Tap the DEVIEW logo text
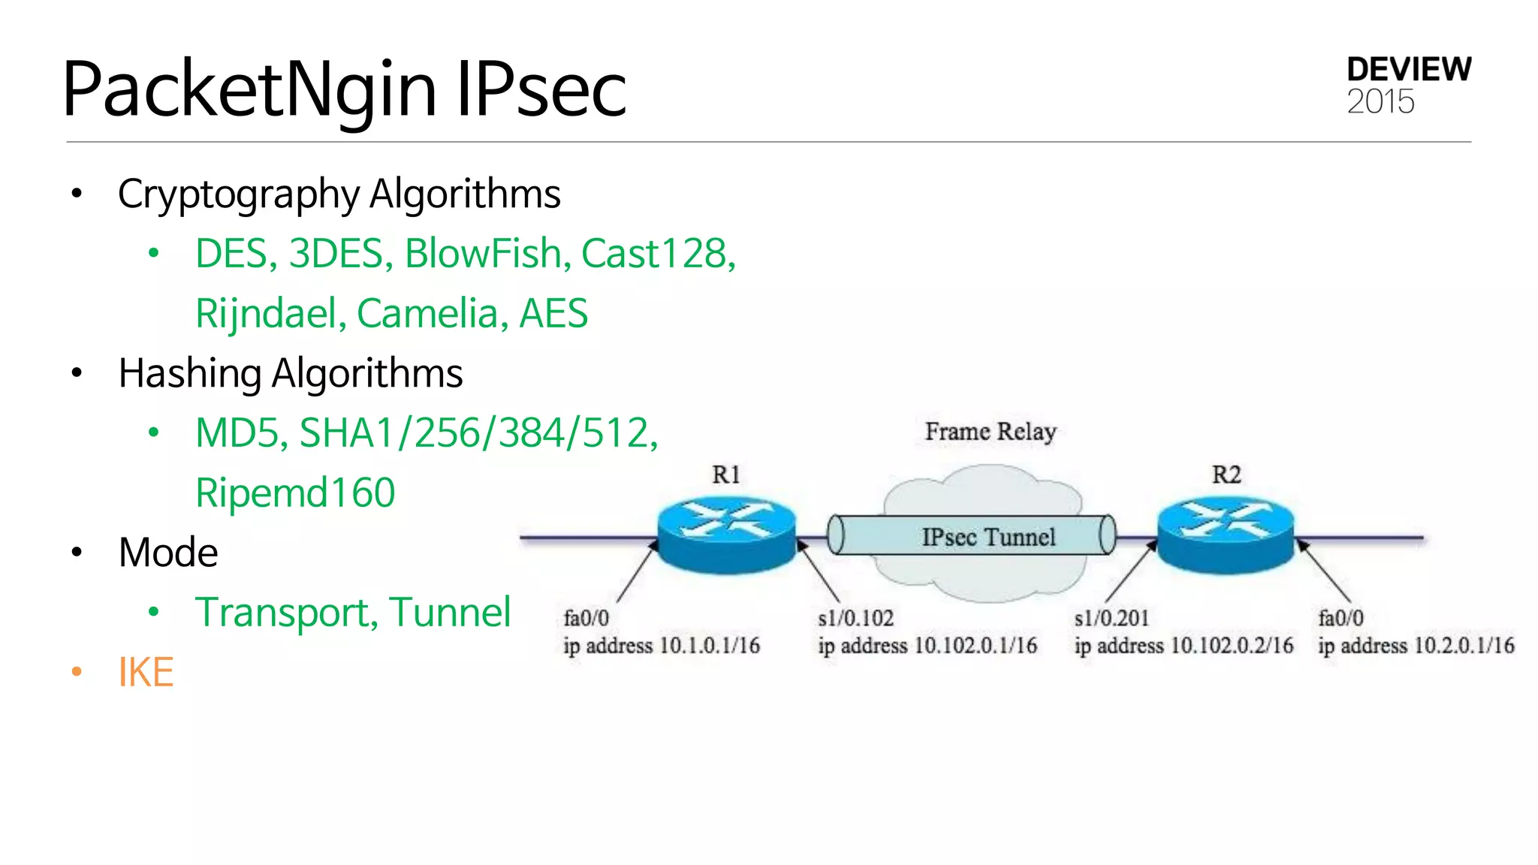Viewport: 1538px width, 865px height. (x=1409, y=70)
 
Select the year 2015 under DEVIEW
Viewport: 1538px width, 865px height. (x=1380, y=101)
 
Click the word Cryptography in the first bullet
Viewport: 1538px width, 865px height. (x=238, y=194)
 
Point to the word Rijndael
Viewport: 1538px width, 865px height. (x=266, y=313)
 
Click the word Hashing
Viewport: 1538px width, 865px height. (x=190, y=373)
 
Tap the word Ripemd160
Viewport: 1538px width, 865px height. (x=295, y=493)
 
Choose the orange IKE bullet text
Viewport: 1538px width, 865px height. (x=146, y=672)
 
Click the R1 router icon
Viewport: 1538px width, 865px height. (x=726, y=535)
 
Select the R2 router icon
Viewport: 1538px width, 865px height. (x=1226, y=535)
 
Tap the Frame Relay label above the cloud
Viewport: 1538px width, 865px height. (x=991, y=432)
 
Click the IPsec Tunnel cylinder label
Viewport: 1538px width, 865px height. (x=988, y=537)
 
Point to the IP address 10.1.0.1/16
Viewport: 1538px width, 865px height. (x=710, y=646)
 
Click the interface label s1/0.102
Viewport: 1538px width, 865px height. (x=856, y=618)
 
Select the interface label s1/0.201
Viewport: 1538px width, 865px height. (x=1111, y=618)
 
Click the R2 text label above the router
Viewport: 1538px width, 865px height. (x=1226, y=475)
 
